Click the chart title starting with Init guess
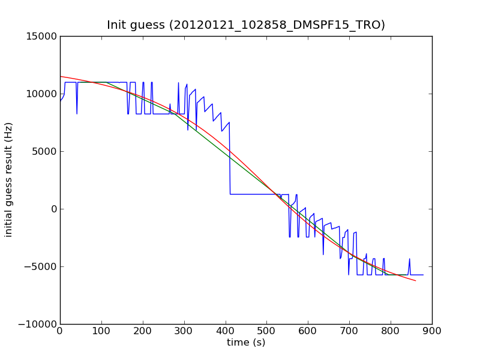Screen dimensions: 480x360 click(246, 25)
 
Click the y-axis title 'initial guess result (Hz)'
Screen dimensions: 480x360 click(8, 180)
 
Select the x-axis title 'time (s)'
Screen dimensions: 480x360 click(246, 342)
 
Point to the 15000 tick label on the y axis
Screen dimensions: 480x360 click(41, 37)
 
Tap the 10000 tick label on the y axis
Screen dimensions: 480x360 click(41, 94)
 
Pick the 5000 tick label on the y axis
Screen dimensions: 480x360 click(44, 152)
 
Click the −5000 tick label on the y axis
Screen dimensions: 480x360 click(41, 266)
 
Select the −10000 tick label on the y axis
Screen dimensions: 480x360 click(38, 324)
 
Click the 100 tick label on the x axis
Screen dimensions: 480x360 click(101, 331)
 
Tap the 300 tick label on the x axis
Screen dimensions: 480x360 click(184, 331)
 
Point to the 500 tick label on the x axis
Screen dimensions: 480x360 click(267, 331)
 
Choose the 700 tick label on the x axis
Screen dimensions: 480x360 click(350, 331)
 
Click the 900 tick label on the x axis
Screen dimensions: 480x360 click(432, 331)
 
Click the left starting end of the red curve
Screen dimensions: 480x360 click(61, 77)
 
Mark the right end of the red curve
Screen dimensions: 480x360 click(416, 280)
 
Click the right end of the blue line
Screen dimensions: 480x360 click(424, 275)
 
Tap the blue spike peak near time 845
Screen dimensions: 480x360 click(410, 259)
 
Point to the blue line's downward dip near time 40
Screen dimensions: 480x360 click(77, 114)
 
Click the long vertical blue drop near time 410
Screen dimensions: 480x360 click(230, 158)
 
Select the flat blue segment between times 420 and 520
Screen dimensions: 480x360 click(254, 194)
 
